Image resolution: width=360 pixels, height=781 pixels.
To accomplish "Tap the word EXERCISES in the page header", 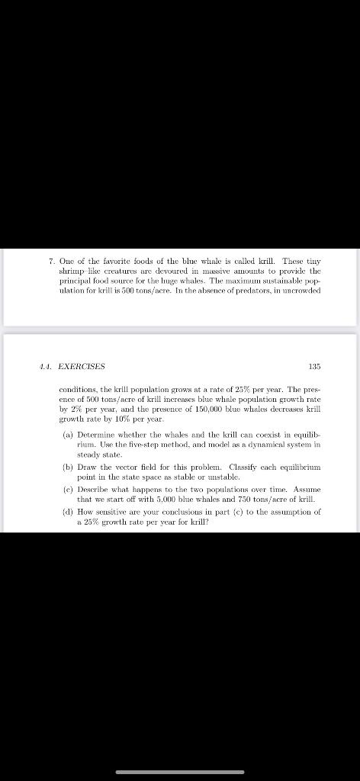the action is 82,367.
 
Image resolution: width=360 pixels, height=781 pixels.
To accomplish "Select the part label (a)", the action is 67,433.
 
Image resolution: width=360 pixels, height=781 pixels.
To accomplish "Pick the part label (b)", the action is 67,466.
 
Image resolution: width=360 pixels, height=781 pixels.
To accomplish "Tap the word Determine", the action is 96,433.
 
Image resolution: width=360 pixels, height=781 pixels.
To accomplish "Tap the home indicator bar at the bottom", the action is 180,771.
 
